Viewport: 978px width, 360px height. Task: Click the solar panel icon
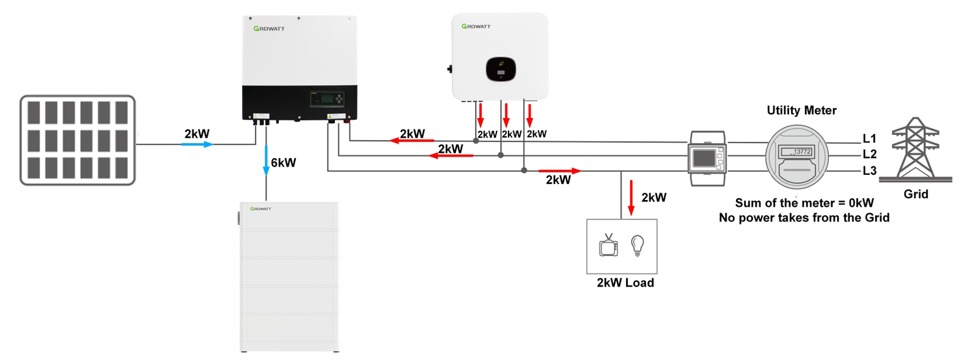[78, 140]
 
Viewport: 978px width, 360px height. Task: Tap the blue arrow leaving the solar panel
[197, 144]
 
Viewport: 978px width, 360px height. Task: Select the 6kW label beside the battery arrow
[283, 163]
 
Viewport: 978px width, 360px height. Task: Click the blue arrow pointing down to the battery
[266, 161]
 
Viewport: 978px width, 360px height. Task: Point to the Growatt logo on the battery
[260, 209]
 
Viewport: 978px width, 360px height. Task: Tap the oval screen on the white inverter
[501, 69]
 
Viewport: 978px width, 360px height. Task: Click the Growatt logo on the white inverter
[476, 26]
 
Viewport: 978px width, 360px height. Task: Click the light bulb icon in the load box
[638, 245]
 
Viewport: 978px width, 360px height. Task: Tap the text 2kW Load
[625, 283]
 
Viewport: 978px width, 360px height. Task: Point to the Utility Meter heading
[801, 111]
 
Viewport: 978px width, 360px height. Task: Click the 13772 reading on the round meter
[801, 152]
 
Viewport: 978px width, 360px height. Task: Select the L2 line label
[869, 154]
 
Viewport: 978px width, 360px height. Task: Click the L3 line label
[869, 171]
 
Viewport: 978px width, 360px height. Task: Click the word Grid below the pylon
[916, 194]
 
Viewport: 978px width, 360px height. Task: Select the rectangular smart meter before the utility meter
[707, 158]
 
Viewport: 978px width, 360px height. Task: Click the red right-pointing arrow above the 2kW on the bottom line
[559, 171]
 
